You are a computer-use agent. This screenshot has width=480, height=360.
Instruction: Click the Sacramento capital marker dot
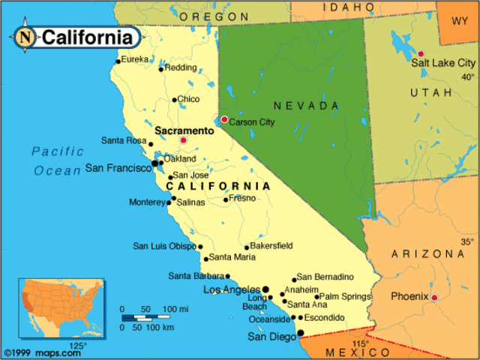pyautogui.click(x=183, y=140)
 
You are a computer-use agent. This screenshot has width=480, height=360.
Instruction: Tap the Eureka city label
pyautogui.click(x=135, y=59)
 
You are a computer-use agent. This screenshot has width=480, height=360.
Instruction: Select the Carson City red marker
pyautogui.click(x=224, y=119)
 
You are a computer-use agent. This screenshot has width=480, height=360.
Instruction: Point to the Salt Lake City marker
pyautogui.click(x=421, y=53)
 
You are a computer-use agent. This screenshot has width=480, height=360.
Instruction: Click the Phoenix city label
pyautogui.click(x=409, y=296)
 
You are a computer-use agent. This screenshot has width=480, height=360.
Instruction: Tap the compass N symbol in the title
pyautogui.click(x=26, y=36)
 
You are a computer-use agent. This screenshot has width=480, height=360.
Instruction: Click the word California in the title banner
pyautogui.click(x=88, y=37)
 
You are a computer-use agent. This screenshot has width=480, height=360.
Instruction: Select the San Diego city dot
pyautogui.click(x=300, y=333)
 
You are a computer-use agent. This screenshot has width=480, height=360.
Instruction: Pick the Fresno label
pyautogui.click(x=242, y=198)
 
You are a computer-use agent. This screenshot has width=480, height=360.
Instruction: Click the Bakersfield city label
pyautogui.click(x=271, y=245)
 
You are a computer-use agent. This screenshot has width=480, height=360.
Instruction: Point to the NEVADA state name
pyautogui.click(x=306, y=106)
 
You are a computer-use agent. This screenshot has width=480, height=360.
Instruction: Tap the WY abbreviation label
pyautogui.click(x=459, y=20)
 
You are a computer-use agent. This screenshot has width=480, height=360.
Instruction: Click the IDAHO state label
pyautogui.click(x=348, y=7)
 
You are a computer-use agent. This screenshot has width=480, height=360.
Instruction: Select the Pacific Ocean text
pyautogui.click(x=57, y=160)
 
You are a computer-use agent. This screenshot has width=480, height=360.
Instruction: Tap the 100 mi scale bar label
pyautogui.click(x=175, y=309)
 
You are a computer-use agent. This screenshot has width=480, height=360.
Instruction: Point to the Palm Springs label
pyautogui.click(x=345, y=296)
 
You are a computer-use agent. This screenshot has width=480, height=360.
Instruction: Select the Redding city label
pyautogui.click(x=181, y=67)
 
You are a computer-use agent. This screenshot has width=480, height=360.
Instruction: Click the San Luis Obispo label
pyautogui.click(x=164, y=246)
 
